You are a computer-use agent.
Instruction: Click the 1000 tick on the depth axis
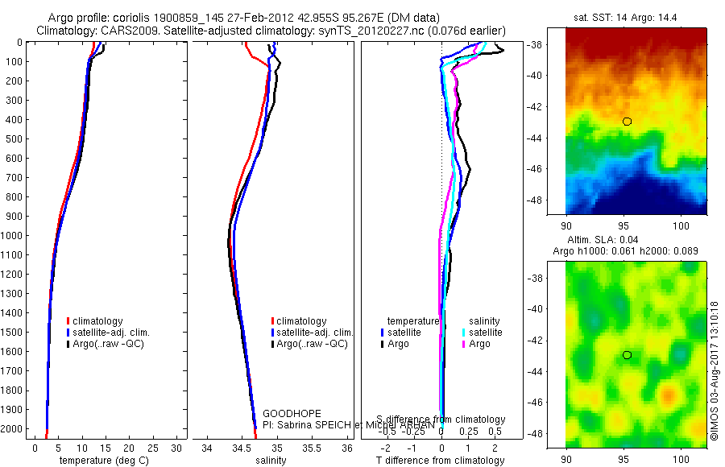[13, 236]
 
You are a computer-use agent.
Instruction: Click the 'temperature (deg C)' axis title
[106, 461]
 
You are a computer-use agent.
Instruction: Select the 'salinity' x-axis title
[270, 461]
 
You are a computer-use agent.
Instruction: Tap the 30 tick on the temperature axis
[177, 447]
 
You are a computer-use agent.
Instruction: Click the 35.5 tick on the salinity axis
[312, 447]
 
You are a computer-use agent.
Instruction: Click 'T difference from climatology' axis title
[441, 461]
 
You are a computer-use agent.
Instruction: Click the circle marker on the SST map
[627, 122]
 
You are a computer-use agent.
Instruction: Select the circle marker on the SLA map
[627, 355]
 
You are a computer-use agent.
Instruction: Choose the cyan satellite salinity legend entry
[485, 332]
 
